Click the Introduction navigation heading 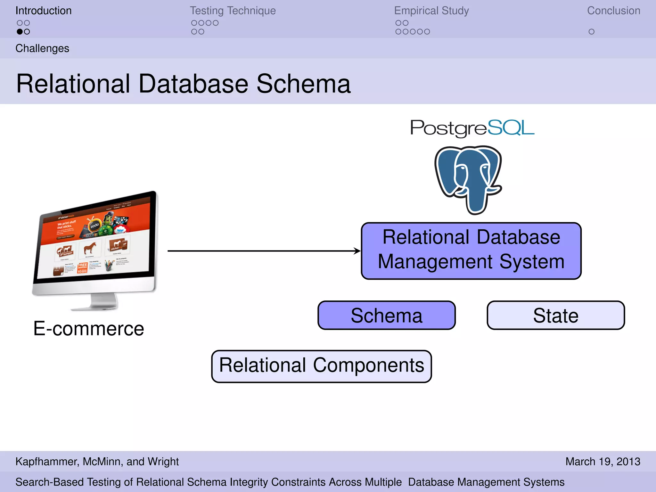43,11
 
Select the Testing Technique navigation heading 233,11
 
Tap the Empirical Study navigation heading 431,11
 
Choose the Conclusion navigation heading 613,11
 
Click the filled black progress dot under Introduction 20,32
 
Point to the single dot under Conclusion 591,32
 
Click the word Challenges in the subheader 42,48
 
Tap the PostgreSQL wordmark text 472,128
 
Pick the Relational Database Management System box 471,250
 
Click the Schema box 386,315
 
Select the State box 555,315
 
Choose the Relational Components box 321,366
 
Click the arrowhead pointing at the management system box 357,251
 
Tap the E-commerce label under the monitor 89,329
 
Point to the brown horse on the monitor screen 90,248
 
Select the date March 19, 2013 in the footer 603,462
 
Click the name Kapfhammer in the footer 46,462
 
